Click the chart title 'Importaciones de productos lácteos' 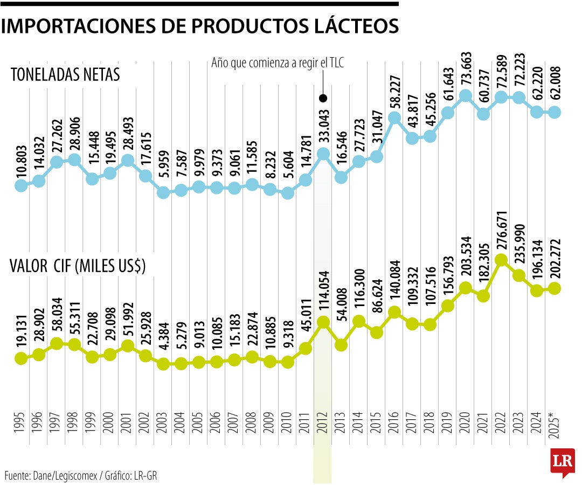coord(200,26)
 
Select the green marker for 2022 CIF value coord(501,260)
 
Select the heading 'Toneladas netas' coord(65,75)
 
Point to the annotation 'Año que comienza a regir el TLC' coord(278,63)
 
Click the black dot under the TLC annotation coord(323,98)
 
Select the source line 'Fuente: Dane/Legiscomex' coord(81,475)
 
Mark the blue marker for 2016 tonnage coord(394,117)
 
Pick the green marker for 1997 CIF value coord(57,344)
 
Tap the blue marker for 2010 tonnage coord(288,193)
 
